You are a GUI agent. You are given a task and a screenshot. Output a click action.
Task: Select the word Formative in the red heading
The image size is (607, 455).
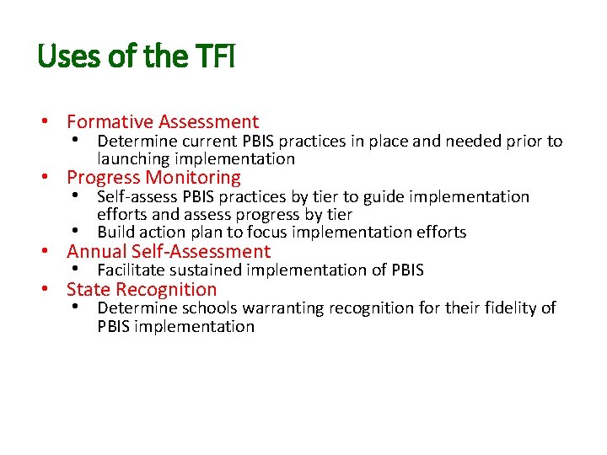click(110, 123)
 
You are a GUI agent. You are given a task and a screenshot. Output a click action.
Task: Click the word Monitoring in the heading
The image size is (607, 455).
click(193, 178)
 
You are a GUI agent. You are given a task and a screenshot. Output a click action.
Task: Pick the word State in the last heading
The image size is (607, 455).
click(89, 290)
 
